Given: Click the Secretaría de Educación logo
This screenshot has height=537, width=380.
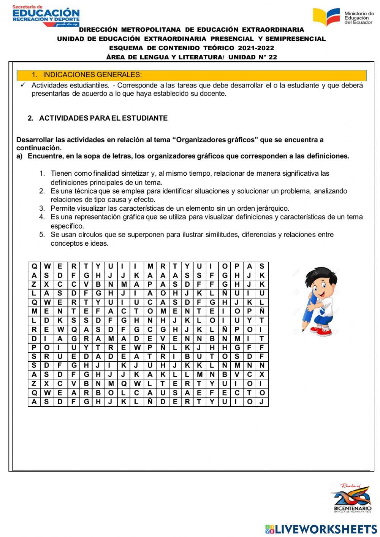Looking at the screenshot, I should point(46,16).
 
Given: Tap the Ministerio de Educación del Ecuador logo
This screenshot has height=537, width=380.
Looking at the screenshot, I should point(343,17).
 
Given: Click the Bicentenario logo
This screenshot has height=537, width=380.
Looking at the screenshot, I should point(352,498).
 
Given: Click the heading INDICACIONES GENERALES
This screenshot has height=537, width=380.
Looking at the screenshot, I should point(92,75).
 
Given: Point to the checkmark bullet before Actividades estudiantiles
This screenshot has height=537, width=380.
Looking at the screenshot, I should point(23,85).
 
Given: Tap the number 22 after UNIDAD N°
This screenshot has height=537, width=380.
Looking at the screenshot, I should point(272,57).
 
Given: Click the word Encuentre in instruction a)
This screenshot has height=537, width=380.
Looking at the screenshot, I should point(45,156).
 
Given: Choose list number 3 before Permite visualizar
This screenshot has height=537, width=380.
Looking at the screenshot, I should point(42,208).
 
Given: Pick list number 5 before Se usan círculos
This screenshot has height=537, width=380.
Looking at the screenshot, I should point(42,235).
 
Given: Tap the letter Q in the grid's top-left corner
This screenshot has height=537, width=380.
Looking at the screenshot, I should point(34,266).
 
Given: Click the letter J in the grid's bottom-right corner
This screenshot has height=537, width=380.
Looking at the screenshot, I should point(261,402).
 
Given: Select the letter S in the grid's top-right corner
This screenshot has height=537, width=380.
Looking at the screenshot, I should point(261,266).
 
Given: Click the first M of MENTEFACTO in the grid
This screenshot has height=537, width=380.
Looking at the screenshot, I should point(34,311).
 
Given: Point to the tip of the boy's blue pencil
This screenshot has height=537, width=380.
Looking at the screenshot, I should point(303,330).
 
